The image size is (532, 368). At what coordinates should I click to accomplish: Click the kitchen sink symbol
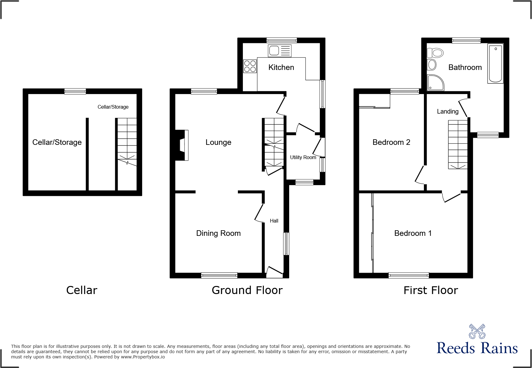pos(280,50)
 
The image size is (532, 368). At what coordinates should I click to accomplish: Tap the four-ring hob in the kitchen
pos(250,66)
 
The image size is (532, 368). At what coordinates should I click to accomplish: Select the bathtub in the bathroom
pos(495,63)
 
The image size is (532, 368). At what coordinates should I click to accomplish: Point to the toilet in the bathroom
pos(435,53)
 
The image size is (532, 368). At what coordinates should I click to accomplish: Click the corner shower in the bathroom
pos(435,83)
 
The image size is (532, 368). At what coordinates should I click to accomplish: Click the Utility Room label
pos(303,157)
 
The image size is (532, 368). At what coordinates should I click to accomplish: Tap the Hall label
pos(274,221)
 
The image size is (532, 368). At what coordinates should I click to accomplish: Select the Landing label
pos(447,111)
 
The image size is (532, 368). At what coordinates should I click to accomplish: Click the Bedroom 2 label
pos(391,142)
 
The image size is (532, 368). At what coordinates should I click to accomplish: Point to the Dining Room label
pos(218,233)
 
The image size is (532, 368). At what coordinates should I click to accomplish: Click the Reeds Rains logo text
pos(477,348)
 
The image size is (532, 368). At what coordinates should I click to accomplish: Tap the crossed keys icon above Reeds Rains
pos(477,331)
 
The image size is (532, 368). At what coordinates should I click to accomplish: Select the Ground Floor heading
pos(247,290)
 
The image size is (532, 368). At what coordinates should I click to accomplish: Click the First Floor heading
pos(430,290)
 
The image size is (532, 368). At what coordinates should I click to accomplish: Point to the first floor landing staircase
pos(458,144)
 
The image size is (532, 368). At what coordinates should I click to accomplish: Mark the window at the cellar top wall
pos(75,91)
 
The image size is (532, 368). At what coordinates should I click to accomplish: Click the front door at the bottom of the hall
pos(274,271)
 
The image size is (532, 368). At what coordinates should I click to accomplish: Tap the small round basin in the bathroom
pos(432,65)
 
